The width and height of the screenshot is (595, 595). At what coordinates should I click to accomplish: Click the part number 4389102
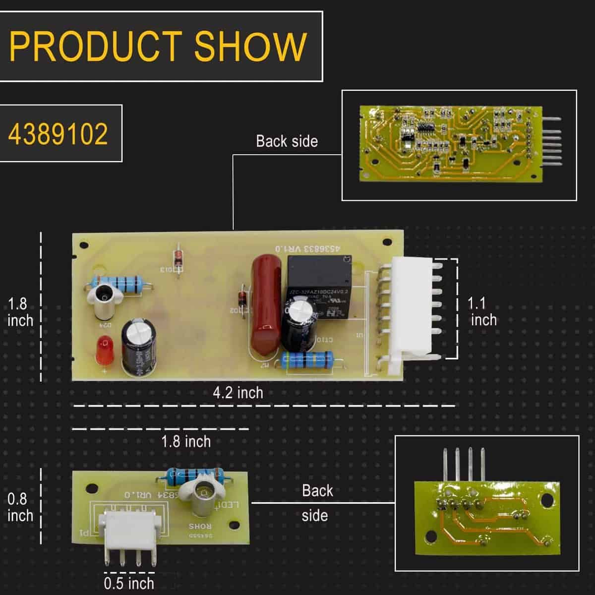pos(59,133)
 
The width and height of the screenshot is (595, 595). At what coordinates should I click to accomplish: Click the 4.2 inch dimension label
pos(238,393)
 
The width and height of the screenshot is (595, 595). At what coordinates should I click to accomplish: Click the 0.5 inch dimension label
pos(129,583)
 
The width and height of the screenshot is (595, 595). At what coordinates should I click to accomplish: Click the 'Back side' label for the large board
pos(287,141)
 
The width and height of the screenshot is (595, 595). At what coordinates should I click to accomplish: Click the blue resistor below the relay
pos(307,360)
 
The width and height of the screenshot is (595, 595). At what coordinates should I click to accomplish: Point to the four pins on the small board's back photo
pos(464,464)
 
